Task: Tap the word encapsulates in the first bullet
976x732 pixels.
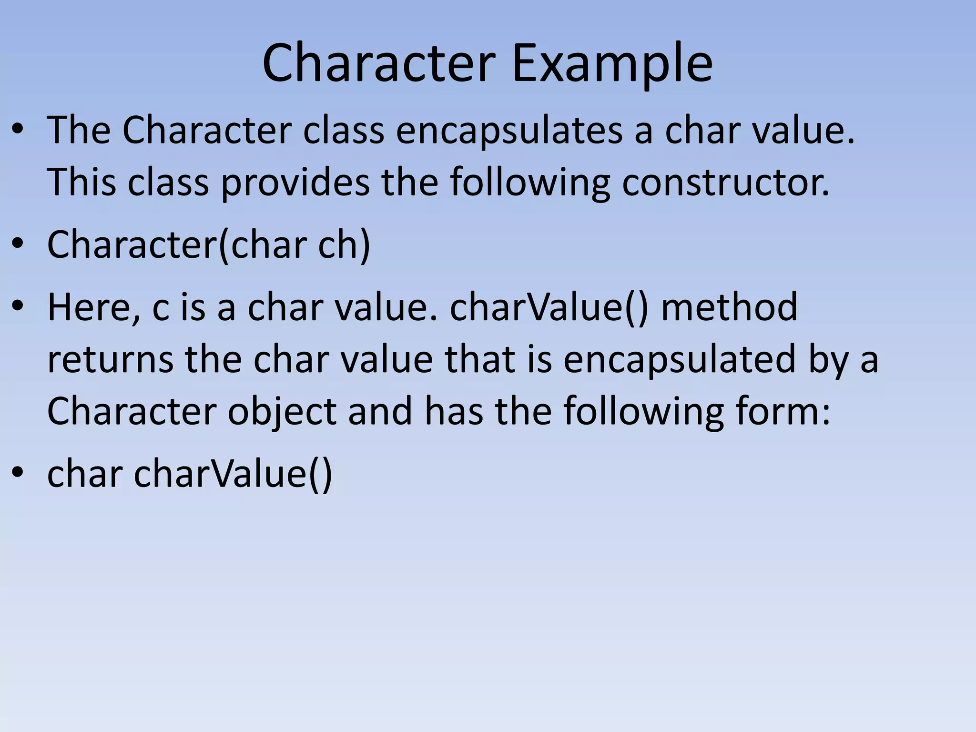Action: [509, 130]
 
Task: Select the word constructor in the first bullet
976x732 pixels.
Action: [725, 182]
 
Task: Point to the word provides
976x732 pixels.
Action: [295, 182]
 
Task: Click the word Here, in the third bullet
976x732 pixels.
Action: [93, 307]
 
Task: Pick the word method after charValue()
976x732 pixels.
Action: [729, 307]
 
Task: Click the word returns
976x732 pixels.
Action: [111, 359]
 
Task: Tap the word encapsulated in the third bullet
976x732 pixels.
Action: [680, 359]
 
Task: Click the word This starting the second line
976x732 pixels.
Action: [81, 182]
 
